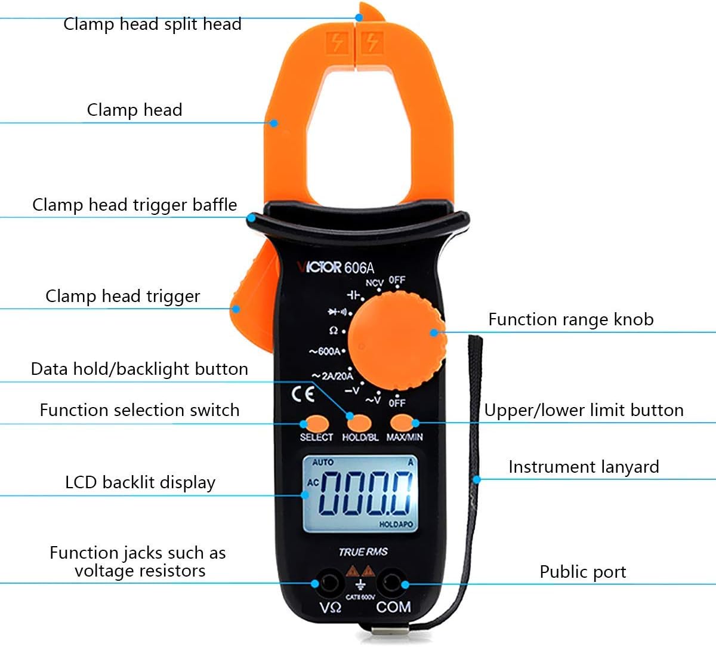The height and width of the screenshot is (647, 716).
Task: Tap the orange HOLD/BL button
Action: click(359, 423)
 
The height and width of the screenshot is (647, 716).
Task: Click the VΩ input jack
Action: click(328, 583)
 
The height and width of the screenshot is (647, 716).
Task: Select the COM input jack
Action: click(392, 583)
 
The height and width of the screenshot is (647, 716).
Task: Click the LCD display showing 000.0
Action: click(360, 494)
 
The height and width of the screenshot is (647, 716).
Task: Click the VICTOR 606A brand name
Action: click(335, 267)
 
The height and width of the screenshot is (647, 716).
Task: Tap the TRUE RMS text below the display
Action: click(363, 552)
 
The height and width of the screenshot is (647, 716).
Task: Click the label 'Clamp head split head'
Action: click(152, 24)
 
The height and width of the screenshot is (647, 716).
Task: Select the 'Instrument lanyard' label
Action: click(584, 467)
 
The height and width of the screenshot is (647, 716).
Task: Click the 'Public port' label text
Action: click(582, 572)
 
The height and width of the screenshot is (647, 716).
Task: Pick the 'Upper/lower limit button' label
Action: click(584, 410)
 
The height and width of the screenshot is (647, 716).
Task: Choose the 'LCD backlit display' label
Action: click(140, 482)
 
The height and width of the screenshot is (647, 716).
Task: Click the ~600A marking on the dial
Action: click(326, 351)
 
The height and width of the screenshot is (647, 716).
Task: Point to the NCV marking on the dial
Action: click(374, 283)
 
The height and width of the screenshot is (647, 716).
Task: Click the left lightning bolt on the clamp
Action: click(338, 42)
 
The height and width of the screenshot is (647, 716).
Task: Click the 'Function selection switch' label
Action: click(140, 410)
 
